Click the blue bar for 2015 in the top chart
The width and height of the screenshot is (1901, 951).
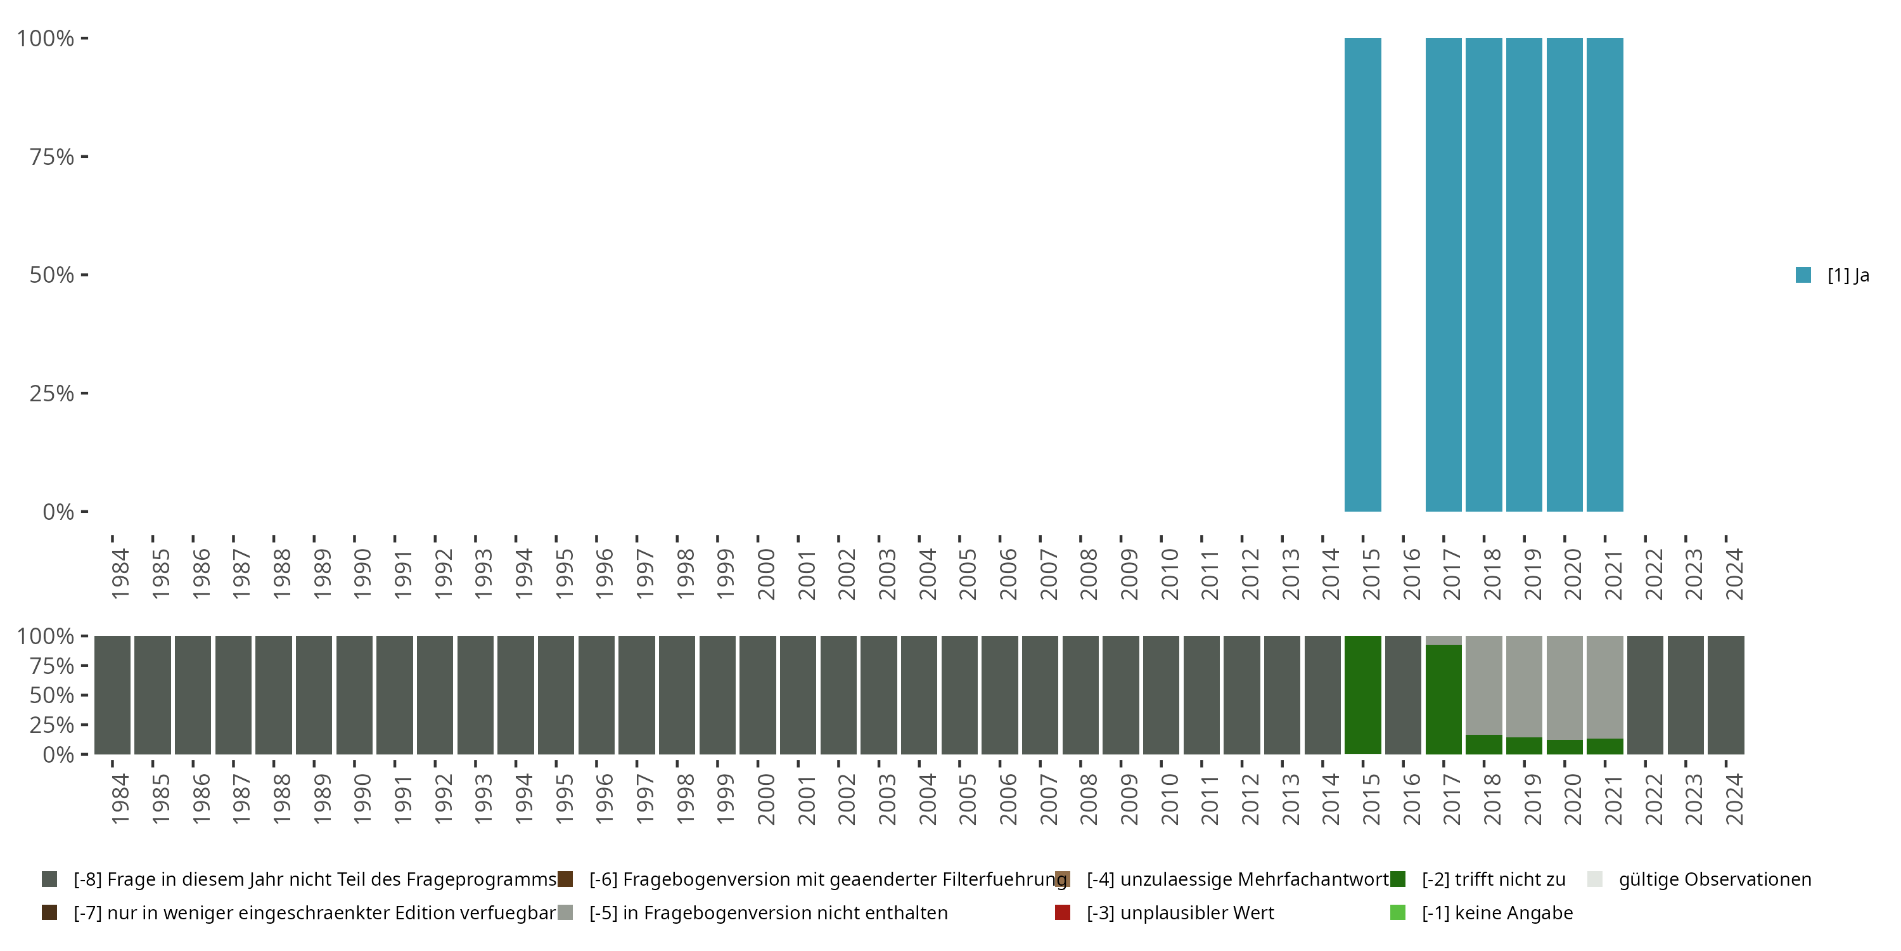[1362, 275]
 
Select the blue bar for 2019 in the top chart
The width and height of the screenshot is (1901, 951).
[1524, 275]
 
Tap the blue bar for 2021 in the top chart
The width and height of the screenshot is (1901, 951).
[1604, 275]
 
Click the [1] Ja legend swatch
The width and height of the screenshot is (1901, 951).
[1803, 275]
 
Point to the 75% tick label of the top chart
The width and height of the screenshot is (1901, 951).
[52, 157]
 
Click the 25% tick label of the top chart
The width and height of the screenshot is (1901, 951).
[52, 393]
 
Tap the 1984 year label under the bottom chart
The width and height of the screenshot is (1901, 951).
[120, 799]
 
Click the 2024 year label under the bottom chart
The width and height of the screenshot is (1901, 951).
[1734, 799]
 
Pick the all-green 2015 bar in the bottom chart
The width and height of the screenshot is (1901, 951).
[1362, 695]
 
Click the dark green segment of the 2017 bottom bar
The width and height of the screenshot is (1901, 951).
[1443, 699]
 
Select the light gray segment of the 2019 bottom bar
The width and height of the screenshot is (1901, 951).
[1524, 687]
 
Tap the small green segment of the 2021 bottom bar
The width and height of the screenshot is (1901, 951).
[1604, 746]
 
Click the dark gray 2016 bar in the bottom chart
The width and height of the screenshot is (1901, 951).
[1403, 695]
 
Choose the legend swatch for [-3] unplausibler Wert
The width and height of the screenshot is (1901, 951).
[1063, 912]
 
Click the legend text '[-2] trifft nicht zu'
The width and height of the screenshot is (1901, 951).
[1494, 879]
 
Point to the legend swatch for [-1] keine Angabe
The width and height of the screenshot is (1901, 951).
[1398, 912]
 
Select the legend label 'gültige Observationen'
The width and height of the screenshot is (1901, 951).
[1714, 879]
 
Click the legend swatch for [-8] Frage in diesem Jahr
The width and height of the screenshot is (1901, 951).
[49, 879]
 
